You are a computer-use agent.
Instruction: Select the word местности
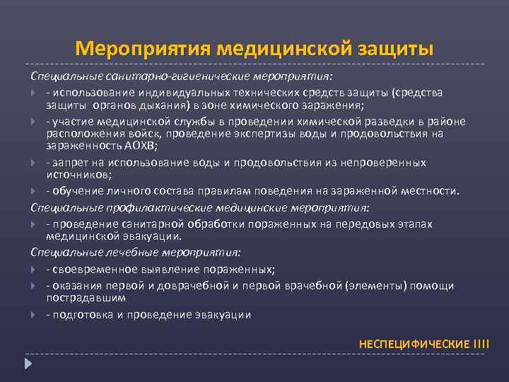point(431,191)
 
